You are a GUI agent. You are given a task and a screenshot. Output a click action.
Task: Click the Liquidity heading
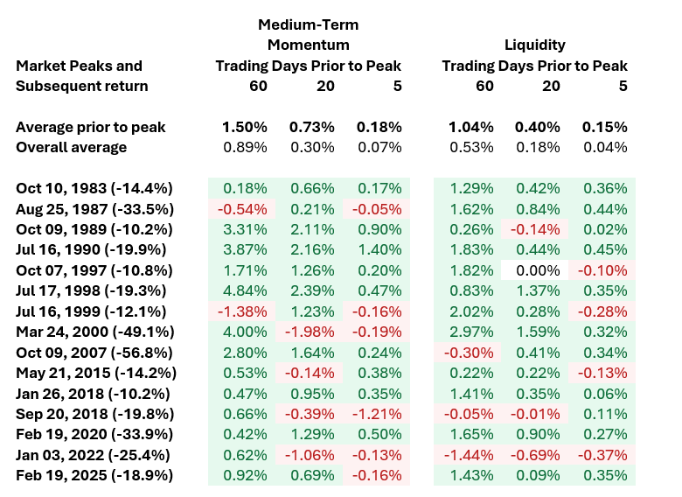pyautogui.click(x=534, y=45)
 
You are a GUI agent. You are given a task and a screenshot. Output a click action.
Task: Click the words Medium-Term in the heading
pyautogui.click(x=308, y=24)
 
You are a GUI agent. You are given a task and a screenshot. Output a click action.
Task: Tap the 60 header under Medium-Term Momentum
pyautogui.click(x=258, y=86)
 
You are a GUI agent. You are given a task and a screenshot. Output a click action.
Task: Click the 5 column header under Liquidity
pyautogui.click(x=623, y=86)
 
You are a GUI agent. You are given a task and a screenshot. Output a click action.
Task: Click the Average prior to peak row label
pyautogui.click(x=90, y=127)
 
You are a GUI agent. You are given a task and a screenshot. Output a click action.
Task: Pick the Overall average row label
pyautogui.click(x=72, y=147)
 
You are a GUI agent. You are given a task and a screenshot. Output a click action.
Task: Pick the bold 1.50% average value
pyautogui.click(x=245, y=127)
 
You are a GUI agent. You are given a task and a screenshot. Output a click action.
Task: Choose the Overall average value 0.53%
pyautogui.click(x=471, y=147)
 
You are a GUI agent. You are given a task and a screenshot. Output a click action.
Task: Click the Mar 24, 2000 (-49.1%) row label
pyautogui.click(x=94, y=332)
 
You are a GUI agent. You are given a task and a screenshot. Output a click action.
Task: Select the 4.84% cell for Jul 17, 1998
pyautogui.click(x=245, y=290)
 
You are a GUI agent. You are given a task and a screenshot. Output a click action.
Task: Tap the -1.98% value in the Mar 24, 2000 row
pyautogui.click(x=310, y=332)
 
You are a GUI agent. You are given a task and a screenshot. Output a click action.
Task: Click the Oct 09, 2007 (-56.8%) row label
pyautogui.click(x=94, y=353)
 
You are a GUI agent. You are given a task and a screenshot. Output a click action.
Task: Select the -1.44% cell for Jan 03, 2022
pyautogui.click(x=469, y=455)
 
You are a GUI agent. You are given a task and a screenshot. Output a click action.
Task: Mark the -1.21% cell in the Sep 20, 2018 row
pyautogui.click(x=377, y=414)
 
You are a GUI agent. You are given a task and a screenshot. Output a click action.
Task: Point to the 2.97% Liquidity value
pyautogui.click(x=471, y=332)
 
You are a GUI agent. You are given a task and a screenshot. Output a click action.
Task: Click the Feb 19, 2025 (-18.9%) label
pyautogui.click(x=94, y=475)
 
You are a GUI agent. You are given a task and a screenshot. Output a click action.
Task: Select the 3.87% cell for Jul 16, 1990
pyautogui.click(x=245, y=249)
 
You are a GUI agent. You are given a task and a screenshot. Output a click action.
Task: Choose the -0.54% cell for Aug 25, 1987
pyautogui.click(x=242, y=209)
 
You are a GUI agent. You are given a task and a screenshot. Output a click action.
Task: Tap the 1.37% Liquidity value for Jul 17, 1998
pyautogui.click(x=538, y=290)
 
